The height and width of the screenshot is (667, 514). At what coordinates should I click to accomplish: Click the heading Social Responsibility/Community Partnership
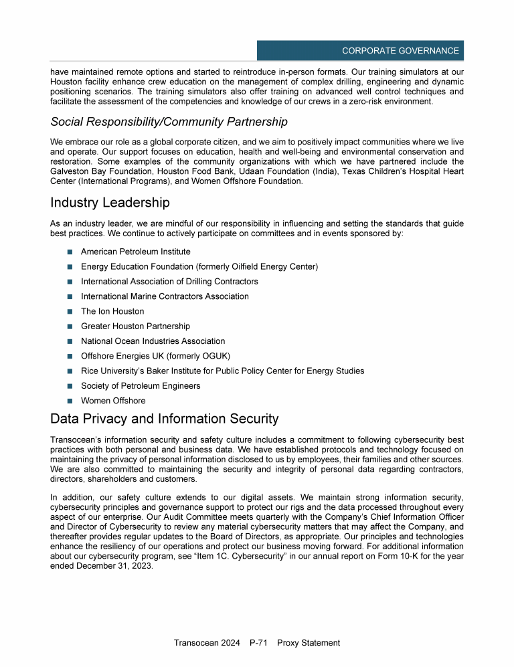[x=169, y=122]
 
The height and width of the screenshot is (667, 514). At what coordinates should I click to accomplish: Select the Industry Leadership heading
[x=110, y=202]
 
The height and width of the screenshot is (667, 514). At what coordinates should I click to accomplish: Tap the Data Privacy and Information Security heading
[x=164, y=419]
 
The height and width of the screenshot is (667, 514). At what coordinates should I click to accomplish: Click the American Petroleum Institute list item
[x=135, y=252]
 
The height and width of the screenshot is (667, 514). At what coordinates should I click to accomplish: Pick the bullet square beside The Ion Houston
[x=70, y=312]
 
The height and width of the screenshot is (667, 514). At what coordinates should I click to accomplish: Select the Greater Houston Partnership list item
[x=135, y=326]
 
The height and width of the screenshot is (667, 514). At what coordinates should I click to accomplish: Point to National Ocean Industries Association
[x=153, y=341]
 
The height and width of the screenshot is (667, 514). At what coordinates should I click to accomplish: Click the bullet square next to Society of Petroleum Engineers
[x=70, y=386]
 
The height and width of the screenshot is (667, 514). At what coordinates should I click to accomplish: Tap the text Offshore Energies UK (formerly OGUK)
[x=155, y=356]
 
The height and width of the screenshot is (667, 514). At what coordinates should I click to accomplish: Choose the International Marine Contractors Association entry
[x=165, y=296]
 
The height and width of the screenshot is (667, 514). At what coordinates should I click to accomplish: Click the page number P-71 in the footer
[x=258, y=643]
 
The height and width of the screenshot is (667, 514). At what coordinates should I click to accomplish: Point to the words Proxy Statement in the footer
[x=309, y=643]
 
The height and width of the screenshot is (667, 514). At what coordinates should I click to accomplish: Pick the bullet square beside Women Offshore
[x=70, y=401]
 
